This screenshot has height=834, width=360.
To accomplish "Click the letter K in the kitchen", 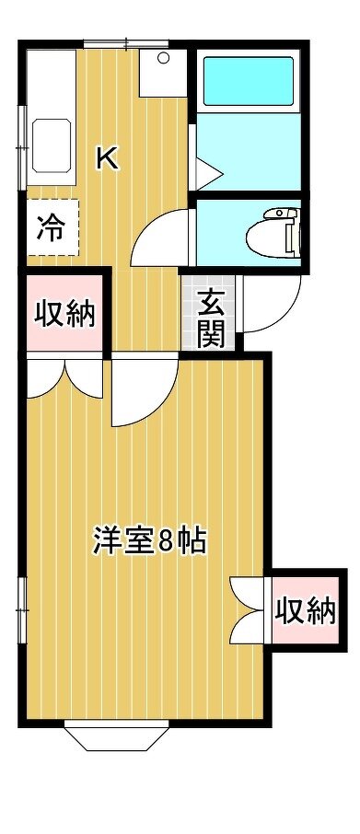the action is coord(107,158).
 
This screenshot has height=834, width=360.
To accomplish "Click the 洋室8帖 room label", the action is coord(149,541).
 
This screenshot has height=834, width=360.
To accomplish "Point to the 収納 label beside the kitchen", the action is coord(64,314).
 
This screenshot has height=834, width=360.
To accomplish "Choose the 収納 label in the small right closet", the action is coord(306,610).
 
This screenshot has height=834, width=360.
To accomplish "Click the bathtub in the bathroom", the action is coord(248,81).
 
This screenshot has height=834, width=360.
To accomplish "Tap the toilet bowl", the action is coord(271,235).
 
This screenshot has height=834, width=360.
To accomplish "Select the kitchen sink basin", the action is coord(52,145).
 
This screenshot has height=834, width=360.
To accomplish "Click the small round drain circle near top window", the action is coord(163,57).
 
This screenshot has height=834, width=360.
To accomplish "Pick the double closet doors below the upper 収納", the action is coord(64,378).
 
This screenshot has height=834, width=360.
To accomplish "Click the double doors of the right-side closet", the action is coord(248,609).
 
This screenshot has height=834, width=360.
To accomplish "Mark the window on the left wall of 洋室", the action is coord(22,610).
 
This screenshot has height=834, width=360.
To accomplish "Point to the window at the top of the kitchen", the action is coord(125,44).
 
